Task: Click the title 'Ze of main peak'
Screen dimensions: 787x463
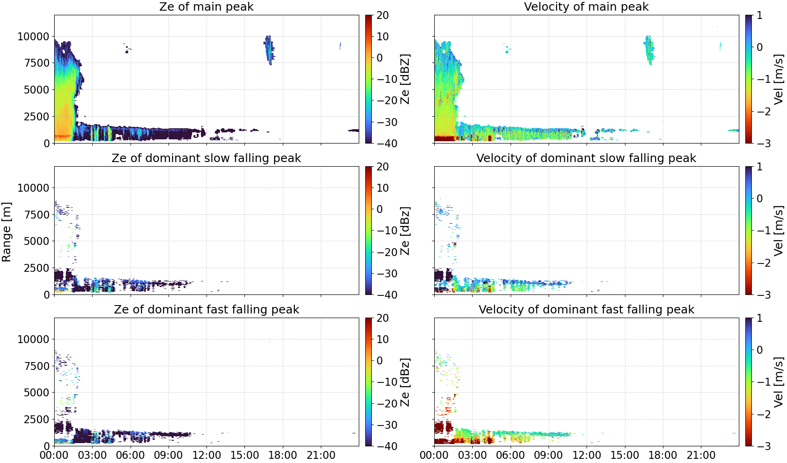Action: coord(206,6)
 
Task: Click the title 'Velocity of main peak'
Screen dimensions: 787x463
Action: coord(587,6)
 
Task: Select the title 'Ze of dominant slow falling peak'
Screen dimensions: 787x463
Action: coord(206,158)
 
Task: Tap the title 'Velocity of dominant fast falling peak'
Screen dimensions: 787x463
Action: coord(587,309)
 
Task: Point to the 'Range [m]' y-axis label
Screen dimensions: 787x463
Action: coord(6,232)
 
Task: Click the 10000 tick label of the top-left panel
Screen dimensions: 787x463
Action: coord(33,37)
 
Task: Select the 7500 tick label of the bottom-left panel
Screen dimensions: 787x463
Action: coord(37,366)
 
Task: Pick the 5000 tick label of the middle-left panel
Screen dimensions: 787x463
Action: coord(37,241)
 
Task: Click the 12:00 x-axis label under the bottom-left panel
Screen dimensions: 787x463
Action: coord(206,455)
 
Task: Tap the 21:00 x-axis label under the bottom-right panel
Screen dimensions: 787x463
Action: coord(701,455)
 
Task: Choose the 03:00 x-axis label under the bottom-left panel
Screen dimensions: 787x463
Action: coord(93,455)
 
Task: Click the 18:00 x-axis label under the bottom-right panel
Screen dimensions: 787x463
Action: coord(663,455)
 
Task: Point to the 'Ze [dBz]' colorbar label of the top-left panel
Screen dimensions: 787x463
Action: coord(405,79)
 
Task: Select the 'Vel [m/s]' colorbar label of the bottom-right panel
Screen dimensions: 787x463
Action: coord(779,382)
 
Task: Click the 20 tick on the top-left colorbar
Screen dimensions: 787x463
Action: coord(382,15)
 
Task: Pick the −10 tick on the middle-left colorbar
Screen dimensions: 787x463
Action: coord(387,231)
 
